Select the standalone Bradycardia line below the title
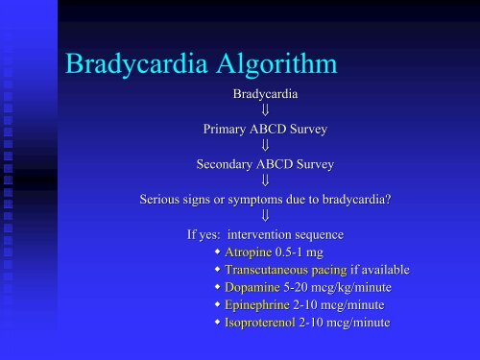265,94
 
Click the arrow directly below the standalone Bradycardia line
265,111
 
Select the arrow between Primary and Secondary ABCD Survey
265,147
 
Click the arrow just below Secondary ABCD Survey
265,181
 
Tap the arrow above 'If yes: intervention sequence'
265,217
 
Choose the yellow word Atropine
252,252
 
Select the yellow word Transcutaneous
273,270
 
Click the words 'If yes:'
205,234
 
